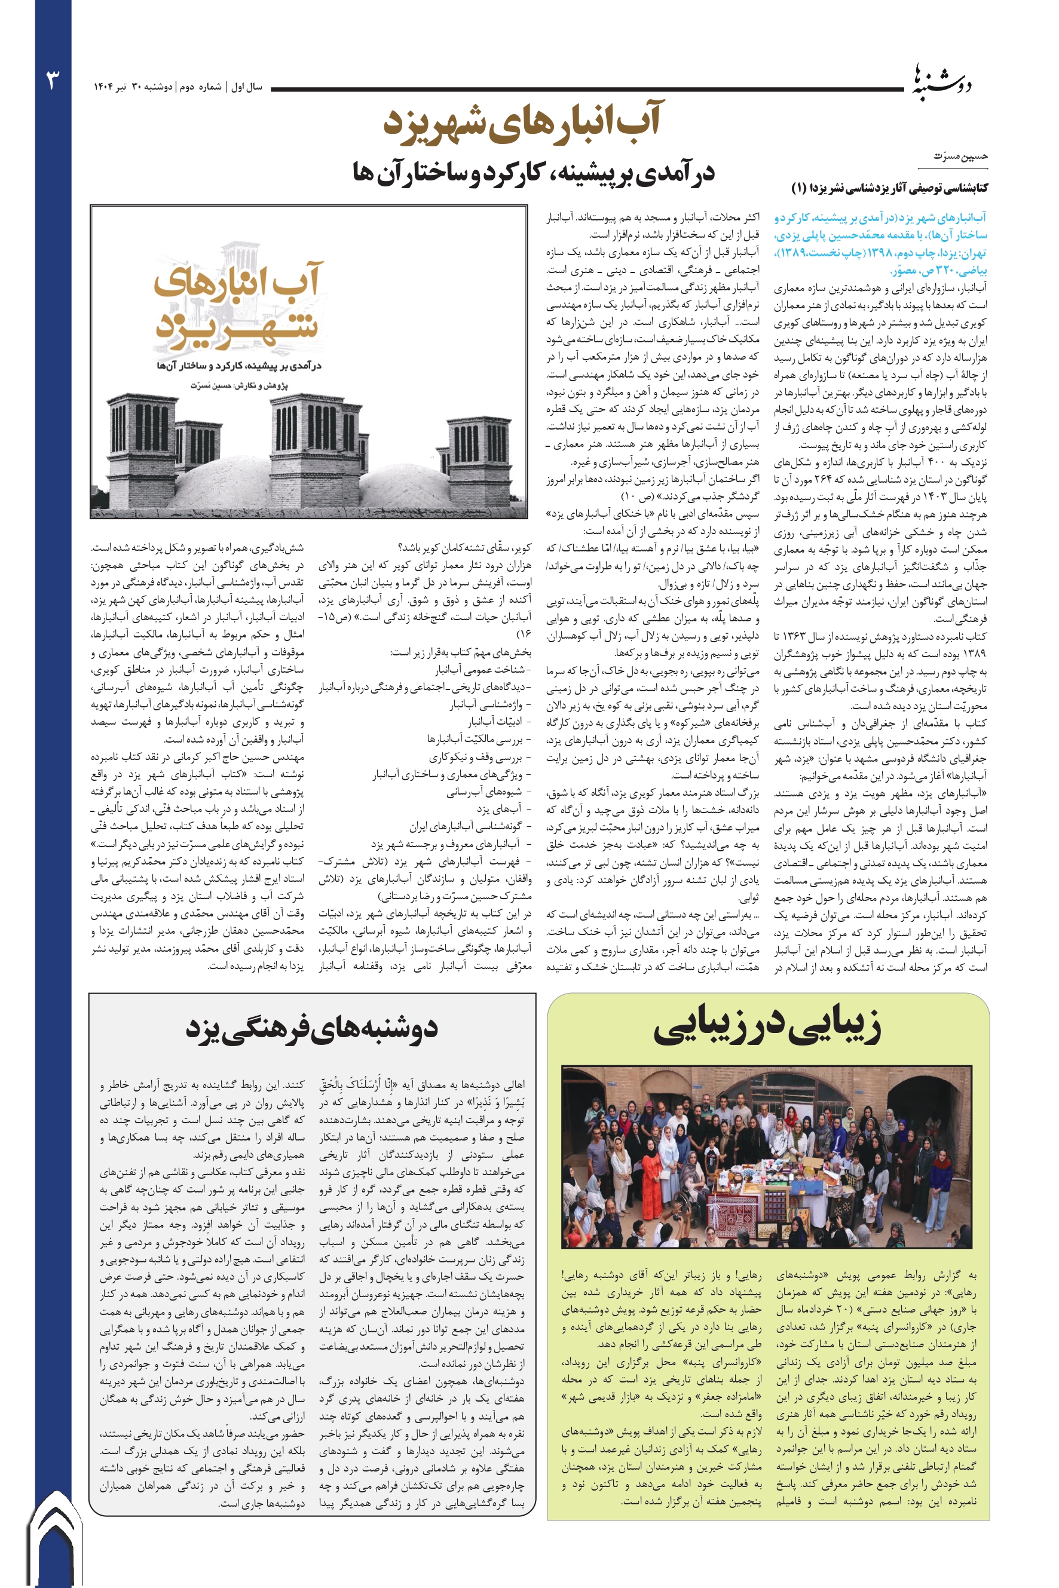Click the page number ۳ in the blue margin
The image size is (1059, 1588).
(x=53, y=80)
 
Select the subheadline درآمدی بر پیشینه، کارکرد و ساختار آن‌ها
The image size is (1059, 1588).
(x=533, y=173)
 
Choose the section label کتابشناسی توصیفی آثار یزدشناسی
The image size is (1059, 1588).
(x=889, y=188)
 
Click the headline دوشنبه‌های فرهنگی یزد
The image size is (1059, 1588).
(x=311, y=1029)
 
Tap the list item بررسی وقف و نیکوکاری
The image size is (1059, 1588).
(x=477, y=757)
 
